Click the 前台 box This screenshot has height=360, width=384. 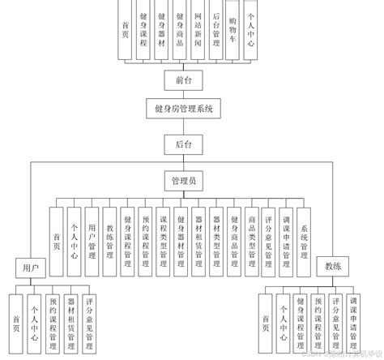click(x=183, y=79)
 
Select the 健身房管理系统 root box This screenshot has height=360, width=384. click(x=183, y=108)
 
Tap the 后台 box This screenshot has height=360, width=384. click(x=183, y=144)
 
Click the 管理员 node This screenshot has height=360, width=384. click(x=183, y=180)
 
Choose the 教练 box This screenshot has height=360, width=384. click(x=335, y=266)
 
